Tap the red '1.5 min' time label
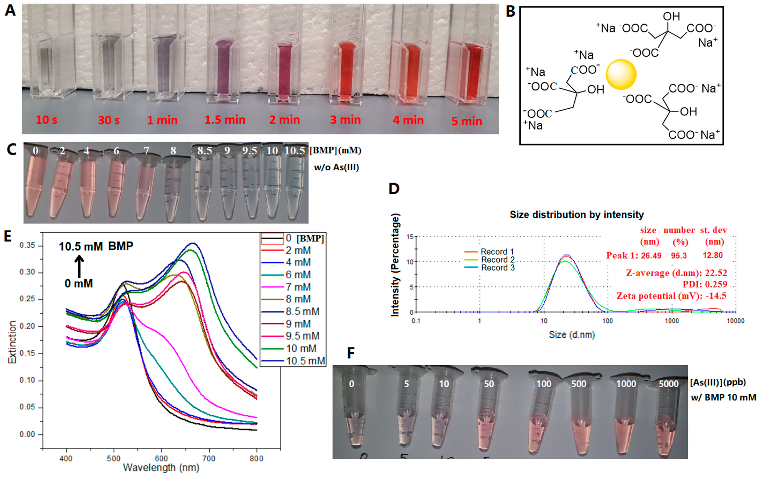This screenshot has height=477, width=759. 225,120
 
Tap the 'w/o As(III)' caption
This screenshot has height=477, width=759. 336,167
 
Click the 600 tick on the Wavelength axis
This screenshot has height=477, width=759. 161,458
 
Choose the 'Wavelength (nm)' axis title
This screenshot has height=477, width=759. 161,468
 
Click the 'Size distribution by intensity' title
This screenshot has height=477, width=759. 577,215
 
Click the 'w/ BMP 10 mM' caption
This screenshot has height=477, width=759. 723,398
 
